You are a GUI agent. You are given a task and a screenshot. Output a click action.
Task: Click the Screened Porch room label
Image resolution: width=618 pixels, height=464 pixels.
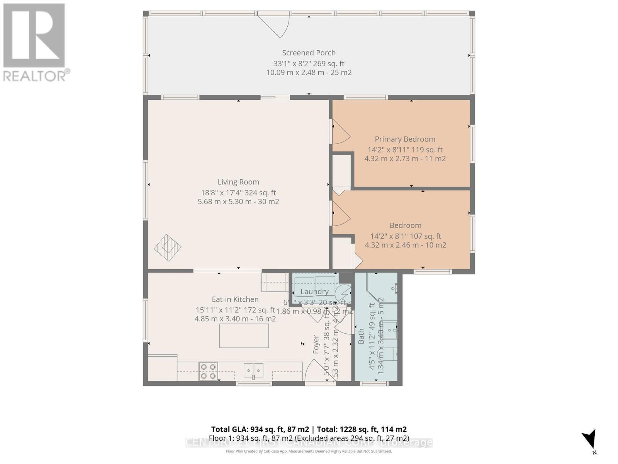(309, 53)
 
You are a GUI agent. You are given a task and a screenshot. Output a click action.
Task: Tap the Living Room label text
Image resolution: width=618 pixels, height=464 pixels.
(238, 182)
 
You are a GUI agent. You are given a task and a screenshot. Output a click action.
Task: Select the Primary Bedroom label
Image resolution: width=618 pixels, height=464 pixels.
(405, 139)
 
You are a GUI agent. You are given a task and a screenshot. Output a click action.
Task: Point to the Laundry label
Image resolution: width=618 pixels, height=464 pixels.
(314, 292)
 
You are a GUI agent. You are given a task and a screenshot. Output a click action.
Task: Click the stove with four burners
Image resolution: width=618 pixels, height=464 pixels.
(208, 371)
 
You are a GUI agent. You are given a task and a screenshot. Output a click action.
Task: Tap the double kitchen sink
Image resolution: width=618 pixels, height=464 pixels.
(253, 370)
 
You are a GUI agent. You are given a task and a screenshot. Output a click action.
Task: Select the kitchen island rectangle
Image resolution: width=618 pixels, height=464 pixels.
(244, 336)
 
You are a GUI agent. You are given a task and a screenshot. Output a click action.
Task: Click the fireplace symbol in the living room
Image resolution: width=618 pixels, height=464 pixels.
(168, 247)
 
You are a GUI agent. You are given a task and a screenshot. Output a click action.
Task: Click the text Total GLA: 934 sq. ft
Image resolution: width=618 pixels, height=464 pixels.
(260, 429)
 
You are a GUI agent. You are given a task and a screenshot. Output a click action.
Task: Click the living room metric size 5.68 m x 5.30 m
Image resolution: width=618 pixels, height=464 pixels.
(238, 201)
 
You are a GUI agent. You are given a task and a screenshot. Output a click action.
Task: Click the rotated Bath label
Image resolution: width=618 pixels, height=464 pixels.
(362, 336)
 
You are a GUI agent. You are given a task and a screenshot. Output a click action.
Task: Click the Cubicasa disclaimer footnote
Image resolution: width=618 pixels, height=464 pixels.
(309, 451)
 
